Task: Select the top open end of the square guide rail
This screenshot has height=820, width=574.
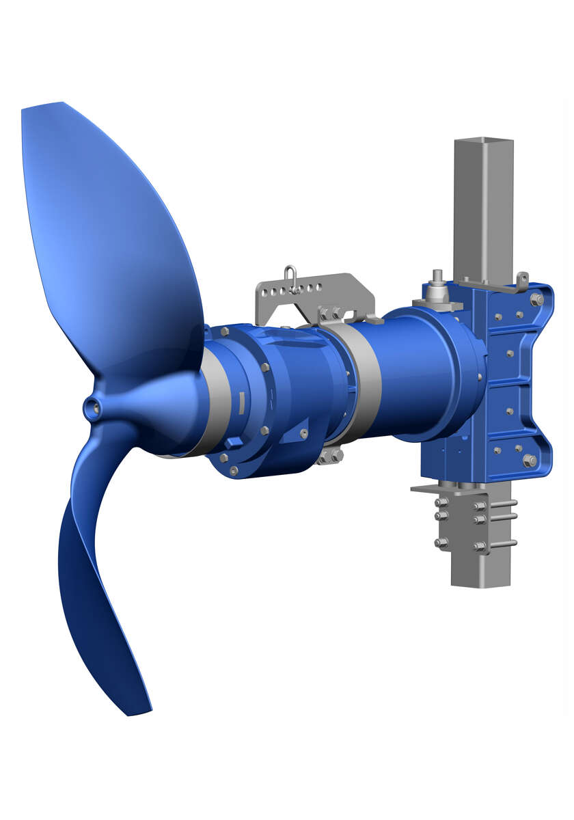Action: (x=483, y=141)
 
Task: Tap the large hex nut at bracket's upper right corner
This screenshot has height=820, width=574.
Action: (x=536, y=299)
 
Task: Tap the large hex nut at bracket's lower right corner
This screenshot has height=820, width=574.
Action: (x=529, y=461)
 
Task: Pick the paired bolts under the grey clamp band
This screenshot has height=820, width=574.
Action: (x=331, y=456)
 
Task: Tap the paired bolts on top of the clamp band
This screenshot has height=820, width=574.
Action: (x=331, y=314)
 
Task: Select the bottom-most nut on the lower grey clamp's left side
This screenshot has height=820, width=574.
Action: (x=441, y=543)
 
